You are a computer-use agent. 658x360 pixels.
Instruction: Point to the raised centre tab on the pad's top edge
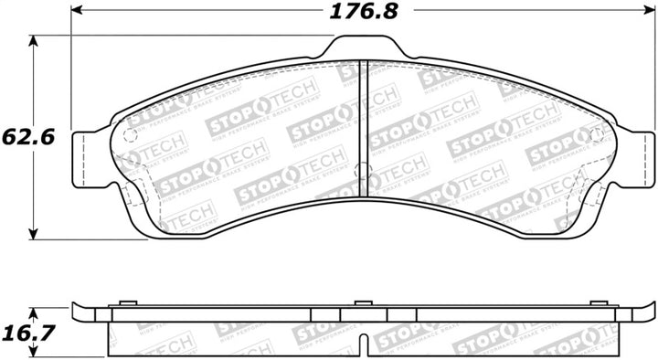coord(363,46)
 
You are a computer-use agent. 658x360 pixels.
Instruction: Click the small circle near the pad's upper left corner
coord(129,136)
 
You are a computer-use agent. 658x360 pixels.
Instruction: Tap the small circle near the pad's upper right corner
coord(598,136)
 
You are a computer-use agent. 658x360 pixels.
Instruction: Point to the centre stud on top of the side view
coord(363,302)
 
